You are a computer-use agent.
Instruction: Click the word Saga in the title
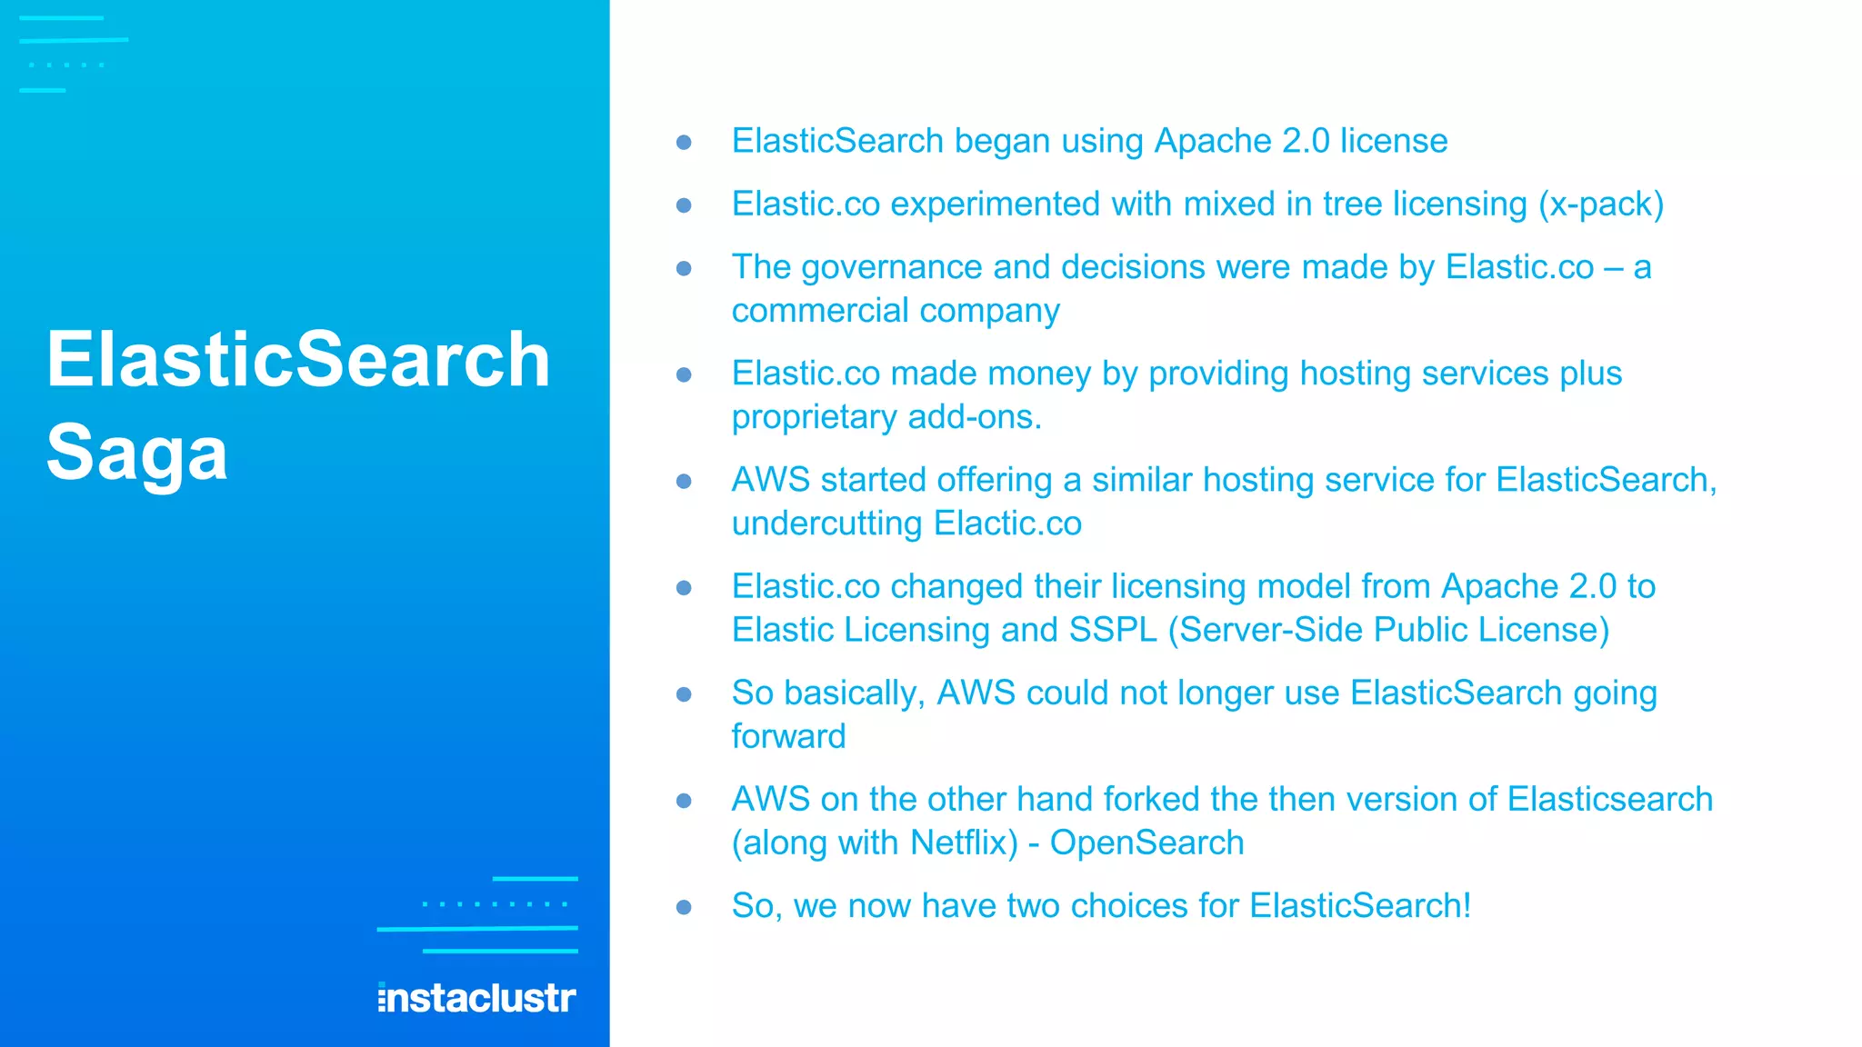coord(136,453)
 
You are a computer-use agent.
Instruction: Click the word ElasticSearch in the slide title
coord(298,360)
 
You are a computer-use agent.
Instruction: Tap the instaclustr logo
coord(476,998)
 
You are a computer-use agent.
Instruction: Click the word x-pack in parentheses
coord(1601,204)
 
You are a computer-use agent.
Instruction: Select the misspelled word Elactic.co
coord(1007,523)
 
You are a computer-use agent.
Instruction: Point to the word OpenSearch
coord(1146,843)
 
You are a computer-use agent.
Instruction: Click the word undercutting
coord(827,523)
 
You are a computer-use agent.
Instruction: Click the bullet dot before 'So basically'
coord(685,694)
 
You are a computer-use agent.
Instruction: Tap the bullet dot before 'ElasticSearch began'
coord(685,143)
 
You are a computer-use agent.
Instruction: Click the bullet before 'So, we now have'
coord(685,907)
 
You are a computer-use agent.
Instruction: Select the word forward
coord(788,736)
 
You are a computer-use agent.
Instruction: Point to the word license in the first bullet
coord(1393,141)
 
